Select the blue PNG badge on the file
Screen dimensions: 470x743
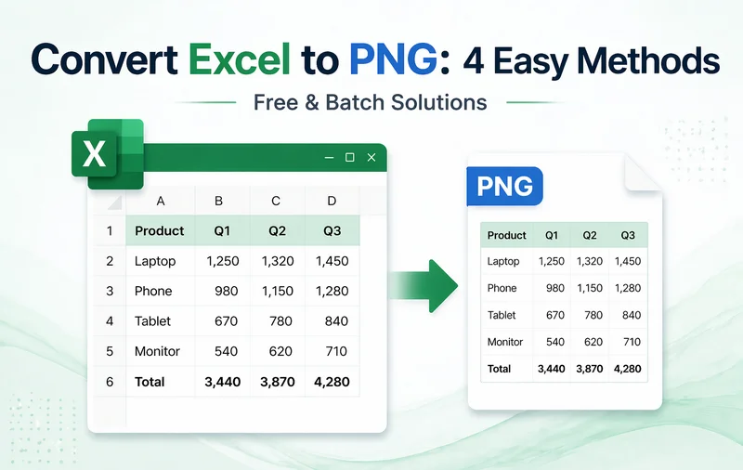[504, 186]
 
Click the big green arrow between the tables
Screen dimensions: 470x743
[423, 282]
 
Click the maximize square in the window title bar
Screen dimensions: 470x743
[350, 158]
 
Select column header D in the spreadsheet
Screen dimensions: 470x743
[332, 201]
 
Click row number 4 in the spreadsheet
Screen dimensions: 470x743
[110, 321]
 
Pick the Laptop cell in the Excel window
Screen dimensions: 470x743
[155, 261]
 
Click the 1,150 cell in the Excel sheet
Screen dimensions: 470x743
[277, 291]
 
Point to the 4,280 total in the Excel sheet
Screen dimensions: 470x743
[331, 381]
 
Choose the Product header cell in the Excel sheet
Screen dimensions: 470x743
[160, 230]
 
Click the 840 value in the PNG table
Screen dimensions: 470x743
[632, 315]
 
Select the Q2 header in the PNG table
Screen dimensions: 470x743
[590, 235]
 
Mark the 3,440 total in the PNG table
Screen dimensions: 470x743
[552, 369]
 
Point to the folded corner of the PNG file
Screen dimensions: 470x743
[644, 173]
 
